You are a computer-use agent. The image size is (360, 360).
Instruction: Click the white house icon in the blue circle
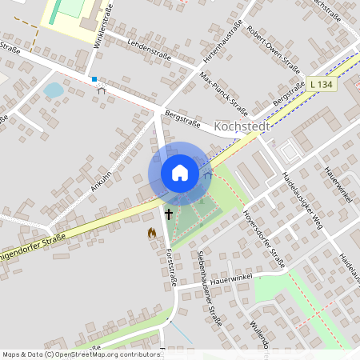(x=180, y=173)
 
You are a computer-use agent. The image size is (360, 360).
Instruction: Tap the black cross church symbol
(x=169, y=214)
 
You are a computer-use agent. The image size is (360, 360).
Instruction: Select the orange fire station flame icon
(x=150, y=233)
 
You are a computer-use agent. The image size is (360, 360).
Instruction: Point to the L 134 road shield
(x=319, y=84)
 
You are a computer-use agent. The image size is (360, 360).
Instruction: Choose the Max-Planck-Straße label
(x=224, y=90)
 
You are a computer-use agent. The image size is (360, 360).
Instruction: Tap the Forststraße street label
(x=170, y=267)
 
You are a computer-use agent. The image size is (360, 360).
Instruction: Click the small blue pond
(x=54, y=90)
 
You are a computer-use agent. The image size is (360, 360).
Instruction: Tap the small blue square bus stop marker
(x=94, y=79)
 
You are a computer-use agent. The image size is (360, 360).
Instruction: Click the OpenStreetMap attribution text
(x=82, y=354)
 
